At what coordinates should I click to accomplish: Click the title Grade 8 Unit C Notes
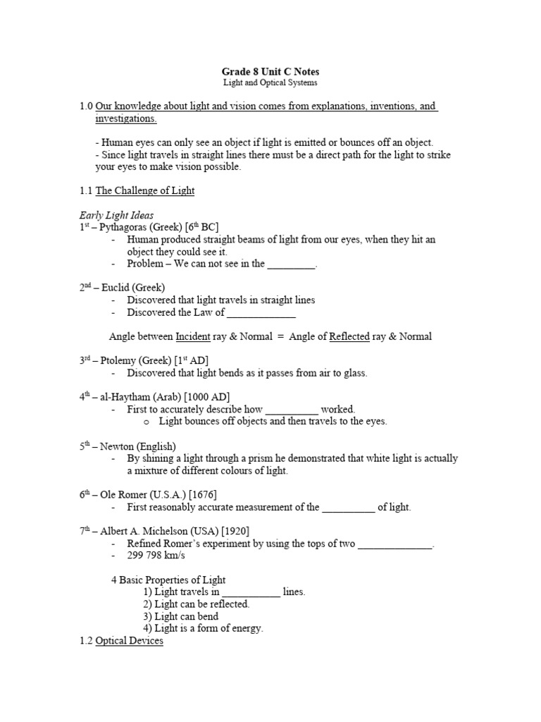270,71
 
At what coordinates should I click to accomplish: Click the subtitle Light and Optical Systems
270,82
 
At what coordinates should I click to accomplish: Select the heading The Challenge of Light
144,190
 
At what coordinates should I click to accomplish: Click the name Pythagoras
125,227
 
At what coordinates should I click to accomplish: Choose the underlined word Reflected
349,336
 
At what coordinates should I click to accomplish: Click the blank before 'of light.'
349,508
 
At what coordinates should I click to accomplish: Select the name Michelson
172,531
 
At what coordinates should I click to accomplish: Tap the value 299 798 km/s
156,556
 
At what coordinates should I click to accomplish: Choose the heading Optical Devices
129,641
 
